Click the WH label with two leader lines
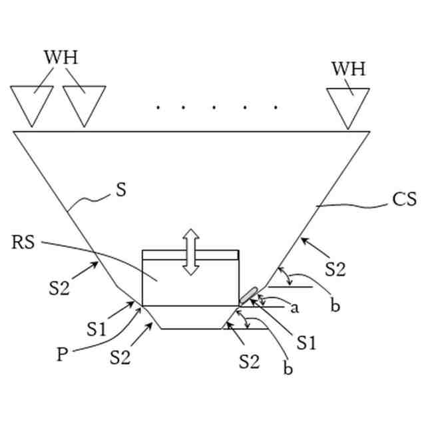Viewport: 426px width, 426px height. pos(61,57)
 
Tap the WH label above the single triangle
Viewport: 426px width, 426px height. pos(348,69)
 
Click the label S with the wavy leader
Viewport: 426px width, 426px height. pos(120,190)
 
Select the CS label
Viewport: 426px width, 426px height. pos(404,199)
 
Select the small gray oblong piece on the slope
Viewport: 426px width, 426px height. pos(249,294)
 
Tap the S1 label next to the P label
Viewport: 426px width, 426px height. pos(97,329)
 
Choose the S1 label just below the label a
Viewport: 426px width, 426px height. pos(306,343)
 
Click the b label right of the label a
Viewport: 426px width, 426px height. pos(335,306)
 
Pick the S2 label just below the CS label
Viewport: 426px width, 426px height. pos(335,270)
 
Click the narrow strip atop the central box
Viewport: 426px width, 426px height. pos(190,255)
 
